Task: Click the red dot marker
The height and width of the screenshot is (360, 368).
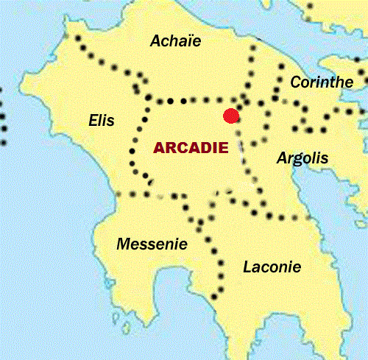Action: (x=231, y=116)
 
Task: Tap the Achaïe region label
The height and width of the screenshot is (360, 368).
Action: (x=175, y=41)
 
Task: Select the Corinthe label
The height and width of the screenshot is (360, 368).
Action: (x=322, y=82)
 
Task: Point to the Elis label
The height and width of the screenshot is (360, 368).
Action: (x=102, y=119)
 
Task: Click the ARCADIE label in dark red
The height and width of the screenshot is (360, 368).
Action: (x=191, y=147)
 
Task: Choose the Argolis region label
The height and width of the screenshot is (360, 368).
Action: (x=302, y=158)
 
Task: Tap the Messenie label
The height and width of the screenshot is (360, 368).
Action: (x=152, y=244)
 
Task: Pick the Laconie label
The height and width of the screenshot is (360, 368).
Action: (x=272, y=267)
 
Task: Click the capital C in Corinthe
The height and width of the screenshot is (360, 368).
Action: (x=296, y=82)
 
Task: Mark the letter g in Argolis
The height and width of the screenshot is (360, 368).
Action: (x=297, y=160)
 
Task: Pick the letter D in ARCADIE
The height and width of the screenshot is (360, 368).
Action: (x=208, y=147)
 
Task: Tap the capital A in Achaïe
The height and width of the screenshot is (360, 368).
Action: (x=155, y=41)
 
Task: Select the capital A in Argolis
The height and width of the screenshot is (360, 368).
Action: (x=281, y=158)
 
